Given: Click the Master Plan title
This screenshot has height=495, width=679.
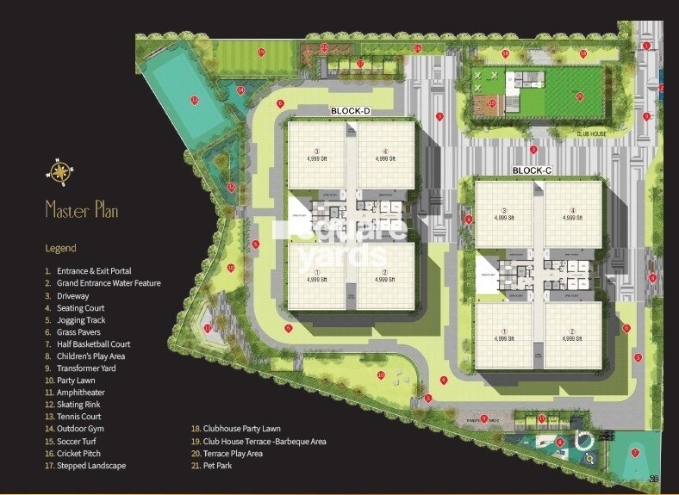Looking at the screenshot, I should (81, 210).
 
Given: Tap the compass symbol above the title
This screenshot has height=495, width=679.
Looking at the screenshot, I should (59, 174).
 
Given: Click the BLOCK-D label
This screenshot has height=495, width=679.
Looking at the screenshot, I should (350, 112).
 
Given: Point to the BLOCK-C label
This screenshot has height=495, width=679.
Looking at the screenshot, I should (531, 170).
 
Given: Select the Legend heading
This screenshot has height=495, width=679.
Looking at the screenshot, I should (60, 248).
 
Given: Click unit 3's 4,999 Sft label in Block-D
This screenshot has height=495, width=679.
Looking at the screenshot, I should (316, 158).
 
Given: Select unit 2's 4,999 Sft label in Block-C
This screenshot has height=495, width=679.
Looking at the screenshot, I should (571, 339).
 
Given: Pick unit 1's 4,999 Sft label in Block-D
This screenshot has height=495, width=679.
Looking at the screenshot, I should (316, 279).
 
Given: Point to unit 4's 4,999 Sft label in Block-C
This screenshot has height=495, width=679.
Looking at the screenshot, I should (571, 219).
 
